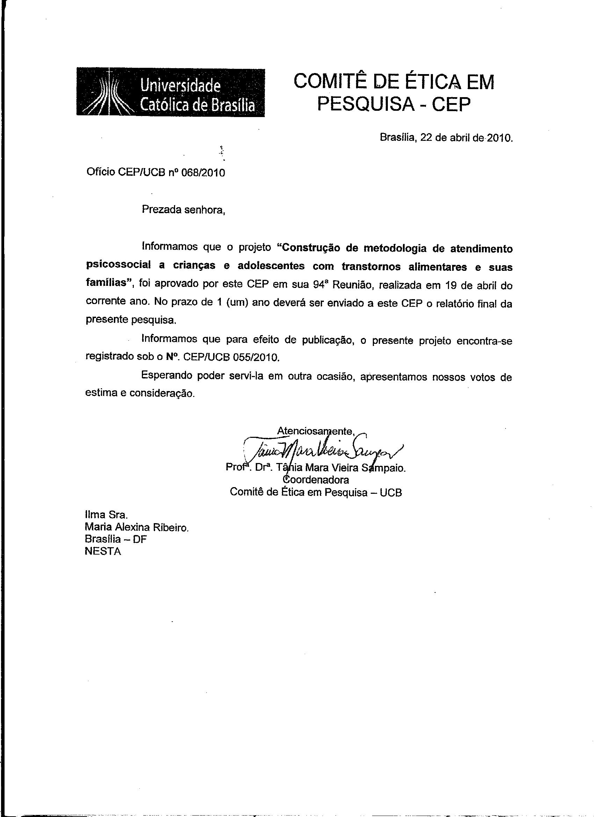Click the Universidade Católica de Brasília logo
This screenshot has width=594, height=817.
171,92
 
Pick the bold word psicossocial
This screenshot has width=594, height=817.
119,266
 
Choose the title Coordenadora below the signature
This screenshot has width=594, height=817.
316,480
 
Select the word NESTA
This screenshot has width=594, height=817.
103,551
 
